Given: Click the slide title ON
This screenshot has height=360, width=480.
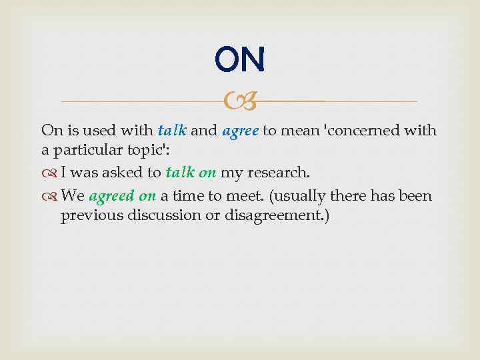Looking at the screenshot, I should click(x=240, y=60).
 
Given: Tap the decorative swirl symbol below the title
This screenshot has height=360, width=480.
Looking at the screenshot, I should click(x=239, y=102).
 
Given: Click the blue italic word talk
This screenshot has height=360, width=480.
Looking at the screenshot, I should click(x=172, y=130).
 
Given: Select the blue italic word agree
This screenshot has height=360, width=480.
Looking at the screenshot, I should click(x=240, y=130).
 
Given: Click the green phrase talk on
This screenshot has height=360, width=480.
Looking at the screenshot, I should click(x=191, y=173).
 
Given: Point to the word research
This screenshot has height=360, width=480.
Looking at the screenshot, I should click(x=279, y=173).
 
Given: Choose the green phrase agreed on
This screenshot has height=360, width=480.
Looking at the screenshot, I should click(x=122, y=197).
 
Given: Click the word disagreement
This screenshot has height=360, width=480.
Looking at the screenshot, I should click(x=283, y=215).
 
